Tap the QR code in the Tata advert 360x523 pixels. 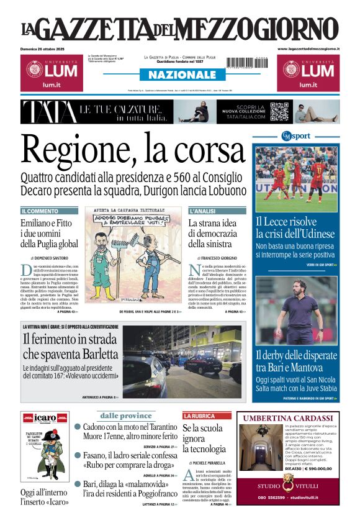coord(279,112)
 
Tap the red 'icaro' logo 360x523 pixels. coord(45,417)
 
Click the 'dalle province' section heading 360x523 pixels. coord(126,416)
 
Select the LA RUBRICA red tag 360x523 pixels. coord(199,415)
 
